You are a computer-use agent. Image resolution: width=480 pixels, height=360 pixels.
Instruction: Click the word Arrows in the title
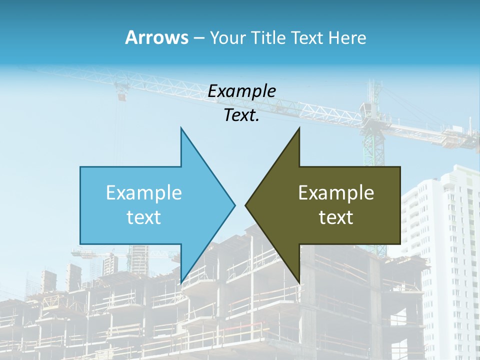(x=157, y=37)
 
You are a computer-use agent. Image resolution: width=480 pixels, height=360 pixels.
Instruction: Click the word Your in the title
(x=227, y=38)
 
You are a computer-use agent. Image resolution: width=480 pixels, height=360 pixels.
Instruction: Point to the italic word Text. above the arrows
(x=241, y=115)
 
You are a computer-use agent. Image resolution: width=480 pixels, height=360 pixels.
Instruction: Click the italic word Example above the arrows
(x=241, y=91)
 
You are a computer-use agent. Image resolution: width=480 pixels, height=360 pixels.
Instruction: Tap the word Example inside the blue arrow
(x=144, y=193)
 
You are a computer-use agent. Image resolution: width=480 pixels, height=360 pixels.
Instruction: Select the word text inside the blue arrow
(x=144, y=217)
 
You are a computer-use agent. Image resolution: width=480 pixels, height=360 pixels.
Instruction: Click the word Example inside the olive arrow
(x=336, y=193)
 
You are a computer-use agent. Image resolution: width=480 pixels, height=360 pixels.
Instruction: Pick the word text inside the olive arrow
(x=336, y=217)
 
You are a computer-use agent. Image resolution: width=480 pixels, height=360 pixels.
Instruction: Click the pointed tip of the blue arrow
(x=234, y=204)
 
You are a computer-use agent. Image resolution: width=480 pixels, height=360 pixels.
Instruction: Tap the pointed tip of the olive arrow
(x=246, y=204)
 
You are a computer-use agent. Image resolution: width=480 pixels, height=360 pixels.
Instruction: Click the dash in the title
(x=198, y=38)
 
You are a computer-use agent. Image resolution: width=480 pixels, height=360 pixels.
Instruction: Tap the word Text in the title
(x=307, y=38)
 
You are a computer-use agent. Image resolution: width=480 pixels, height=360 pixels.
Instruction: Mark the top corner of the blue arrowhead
(x=181, y=128)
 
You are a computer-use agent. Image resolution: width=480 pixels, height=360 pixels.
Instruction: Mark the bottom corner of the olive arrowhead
(x=299, y=282)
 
